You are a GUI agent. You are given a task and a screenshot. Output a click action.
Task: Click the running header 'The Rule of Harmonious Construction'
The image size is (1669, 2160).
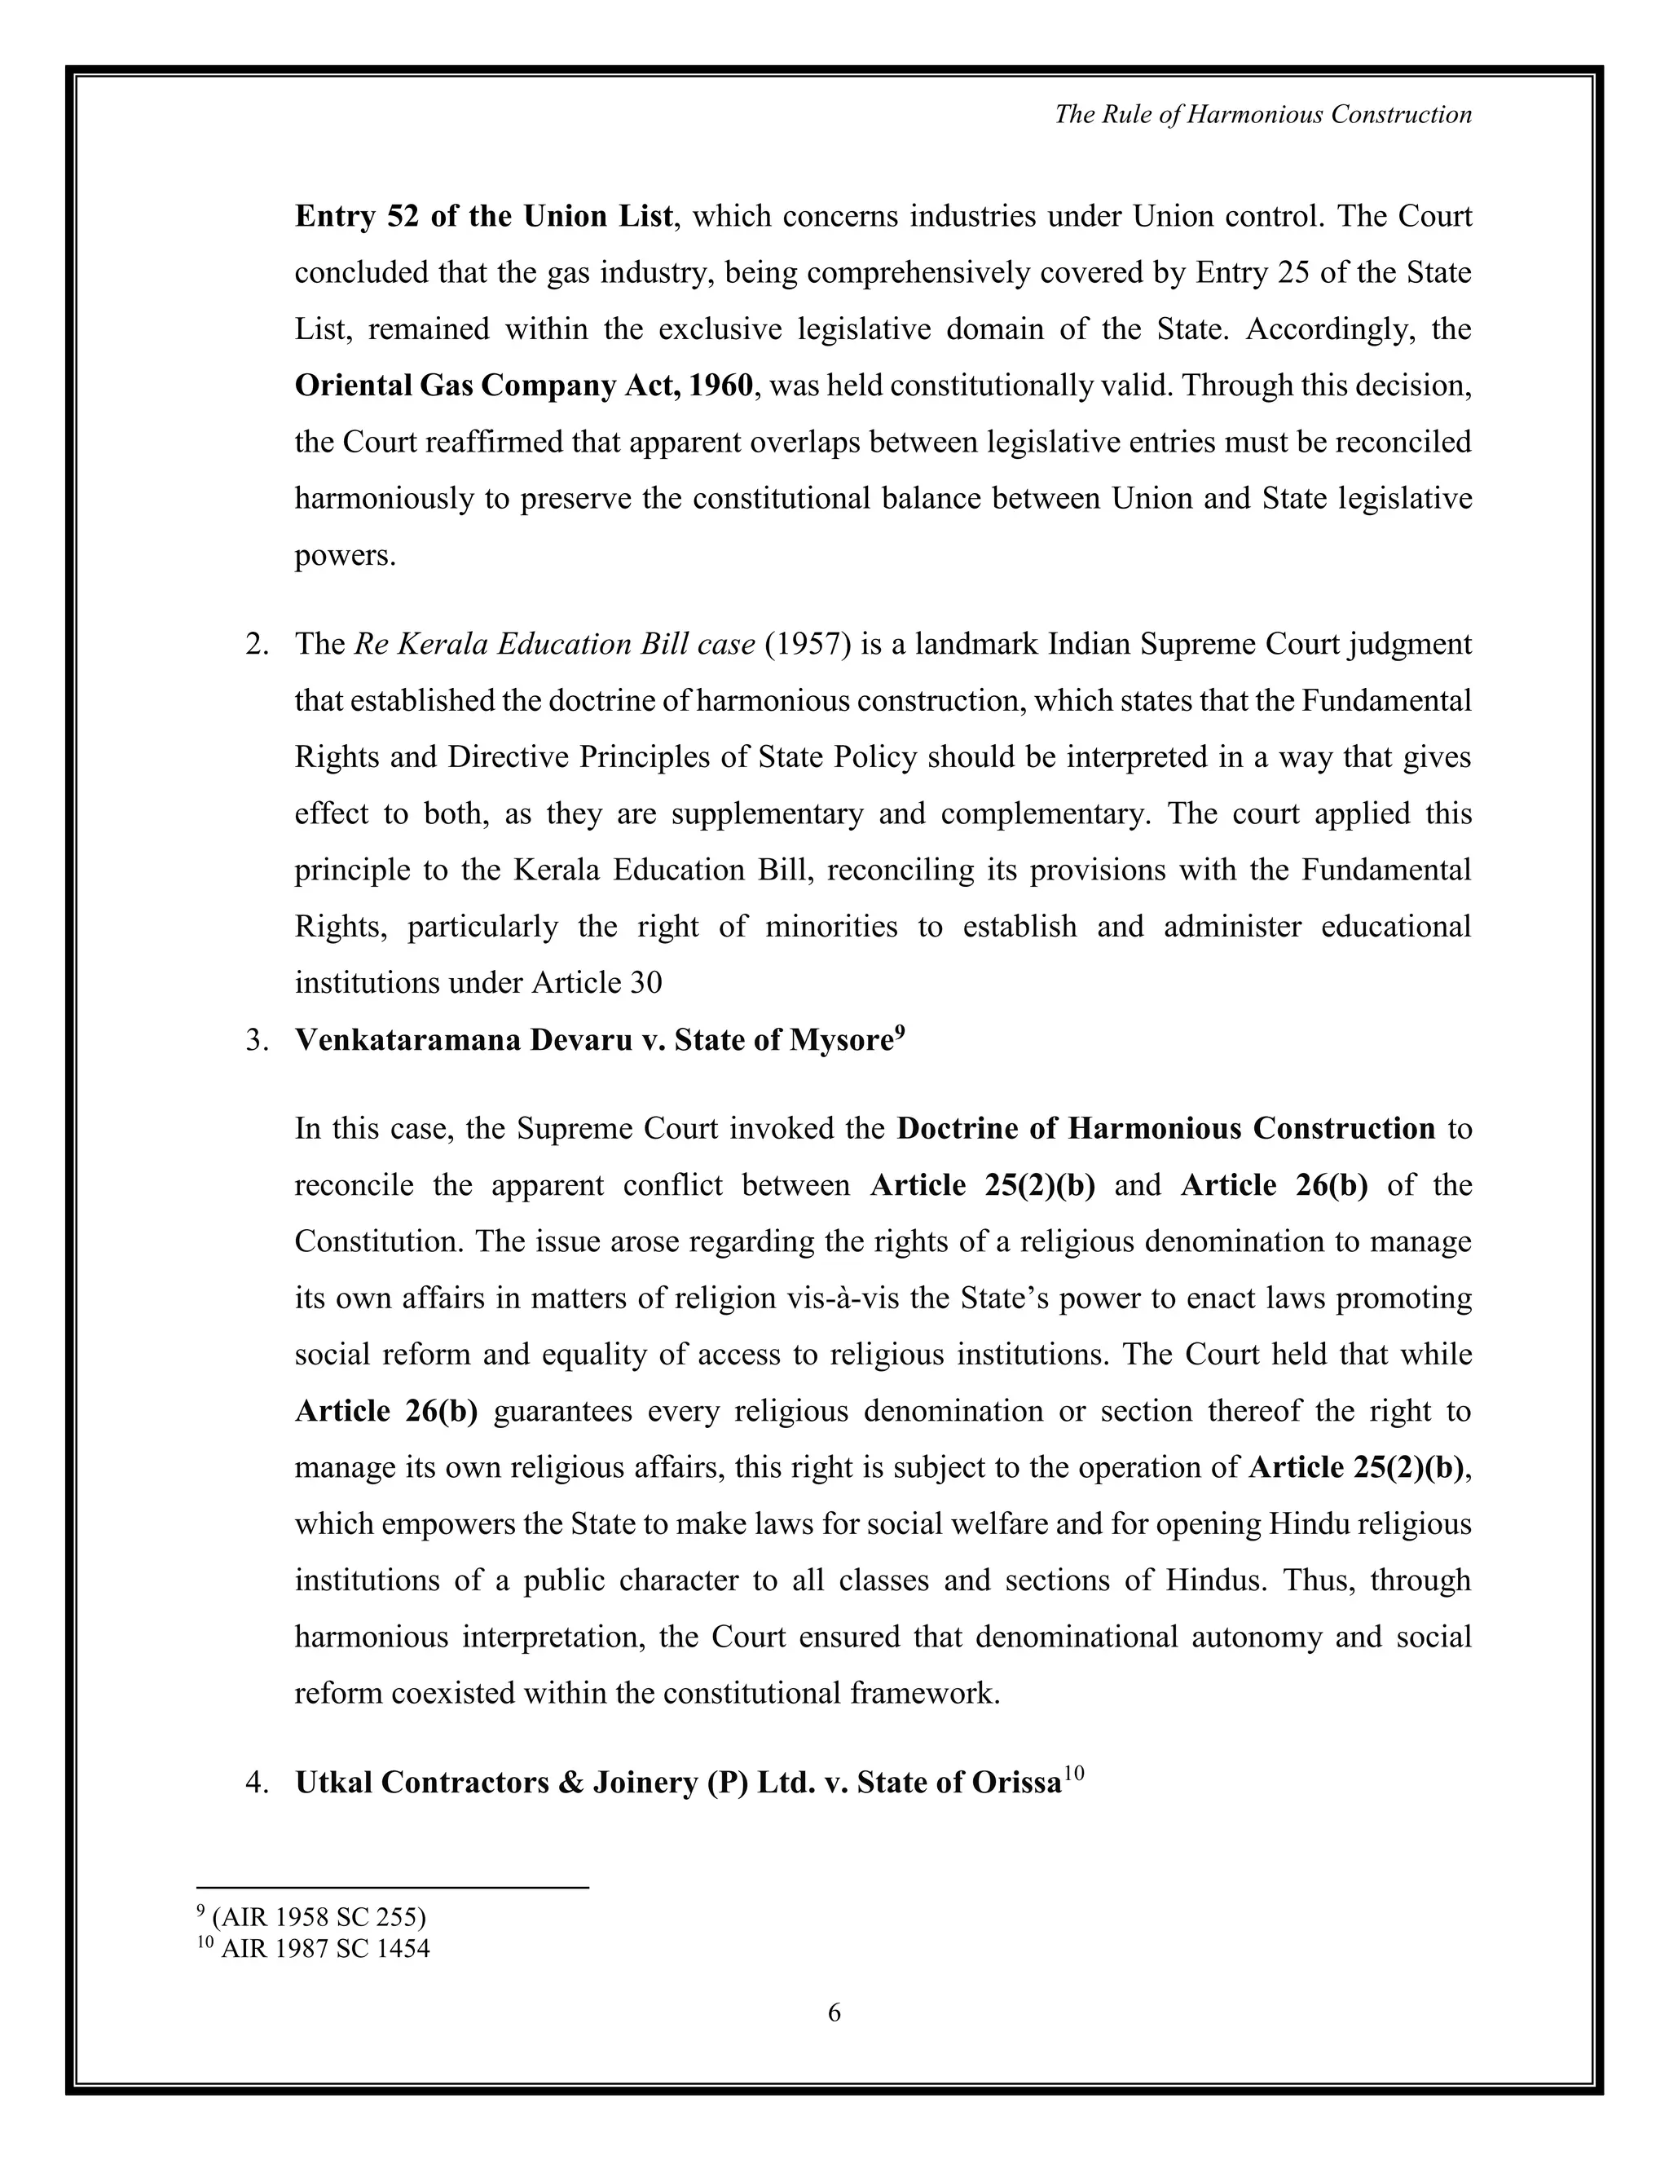pos(1262,115)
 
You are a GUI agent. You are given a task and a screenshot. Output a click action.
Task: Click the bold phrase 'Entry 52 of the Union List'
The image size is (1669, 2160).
pos(483,217)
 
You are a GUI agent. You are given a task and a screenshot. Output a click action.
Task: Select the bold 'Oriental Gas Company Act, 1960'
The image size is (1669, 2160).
pos(523,386)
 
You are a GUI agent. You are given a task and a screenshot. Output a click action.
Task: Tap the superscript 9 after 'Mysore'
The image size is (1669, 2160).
pos(900,1032)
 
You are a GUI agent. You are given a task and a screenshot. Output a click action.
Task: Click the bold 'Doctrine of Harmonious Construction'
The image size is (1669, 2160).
pos(1165,1128)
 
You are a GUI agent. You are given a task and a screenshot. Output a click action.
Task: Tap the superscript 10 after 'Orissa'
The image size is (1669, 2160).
pos(1075,1774)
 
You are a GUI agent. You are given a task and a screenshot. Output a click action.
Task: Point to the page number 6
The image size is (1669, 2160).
pos(834,2012)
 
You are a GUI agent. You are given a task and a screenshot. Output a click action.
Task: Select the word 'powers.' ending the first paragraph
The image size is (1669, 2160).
pos(345,556)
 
